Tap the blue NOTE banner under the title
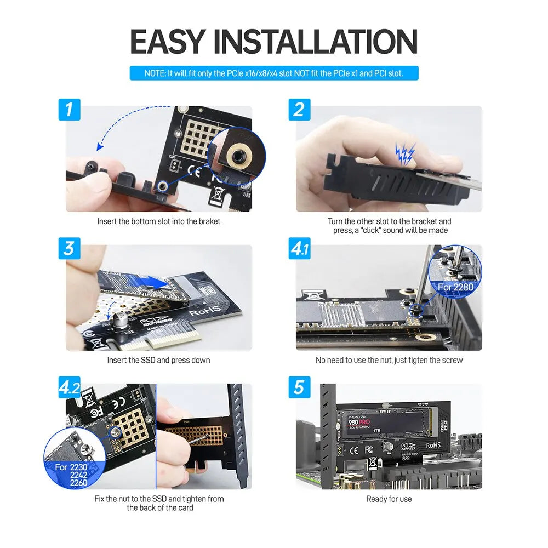pos(273,73)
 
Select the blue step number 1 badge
pos(69,109)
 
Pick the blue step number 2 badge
pos(299,109)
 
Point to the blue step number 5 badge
pos(299,387)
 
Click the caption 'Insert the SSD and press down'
pos(158,360)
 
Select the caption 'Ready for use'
pos(389,499)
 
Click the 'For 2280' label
pos(455,287)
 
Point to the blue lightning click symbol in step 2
pos(406,153)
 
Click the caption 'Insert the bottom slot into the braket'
pos(158,221)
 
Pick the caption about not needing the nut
pos(389,360)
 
